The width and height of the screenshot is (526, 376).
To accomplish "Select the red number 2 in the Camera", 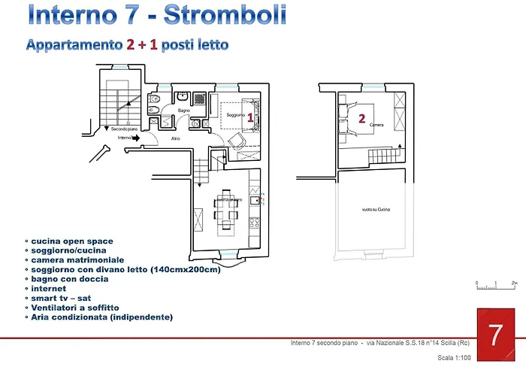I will (x=362, y=119).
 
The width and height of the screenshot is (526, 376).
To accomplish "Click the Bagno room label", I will (x=183, y=111).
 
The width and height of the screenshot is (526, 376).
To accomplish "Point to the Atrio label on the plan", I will (x=175, y=138).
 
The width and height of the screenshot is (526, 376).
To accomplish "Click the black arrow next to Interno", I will (x=136, y=138).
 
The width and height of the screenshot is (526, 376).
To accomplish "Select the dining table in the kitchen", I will (x=225, y=211).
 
